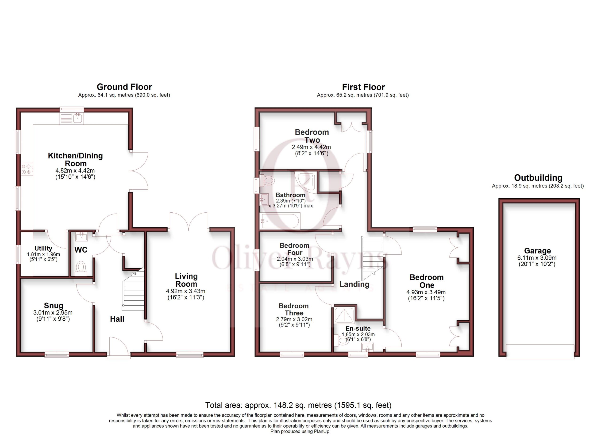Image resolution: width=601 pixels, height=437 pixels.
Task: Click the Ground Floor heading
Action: [124, 87]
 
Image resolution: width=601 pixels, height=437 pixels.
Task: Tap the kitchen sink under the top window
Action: [72, 118]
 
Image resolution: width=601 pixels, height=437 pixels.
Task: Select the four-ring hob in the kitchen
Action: [27, 169]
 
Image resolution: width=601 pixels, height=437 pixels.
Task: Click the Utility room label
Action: [43, 249]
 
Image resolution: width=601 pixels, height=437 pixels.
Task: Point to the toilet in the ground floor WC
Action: [81, 268]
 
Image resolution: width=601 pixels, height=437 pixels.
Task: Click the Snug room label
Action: [54, 305]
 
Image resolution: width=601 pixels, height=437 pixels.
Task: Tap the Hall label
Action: [117, 319]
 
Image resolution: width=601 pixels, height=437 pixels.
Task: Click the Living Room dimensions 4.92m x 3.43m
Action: [185, 291]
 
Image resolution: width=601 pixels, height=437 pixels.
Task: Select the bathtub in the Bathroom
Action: [280, 221]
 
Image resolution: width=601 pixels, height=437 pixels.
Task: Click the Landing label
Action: [354, 284]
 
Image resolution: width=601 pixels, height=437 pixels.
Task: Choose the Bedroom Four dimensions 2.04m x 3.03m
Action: [295, 259]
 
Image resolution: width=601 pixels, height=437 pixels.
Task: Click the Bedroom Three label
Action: [294, 309]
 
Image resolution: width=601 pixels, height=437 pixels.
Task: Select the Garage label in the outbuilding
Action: [537, 251]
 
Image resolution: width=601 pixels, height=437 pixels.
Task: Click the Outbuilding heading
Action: [538, 177]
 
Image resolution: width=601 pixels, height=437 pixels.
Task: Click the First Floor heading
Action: [363, 87]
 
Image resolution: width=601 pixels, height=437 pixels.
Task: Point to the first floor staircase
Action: [372, 258]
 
